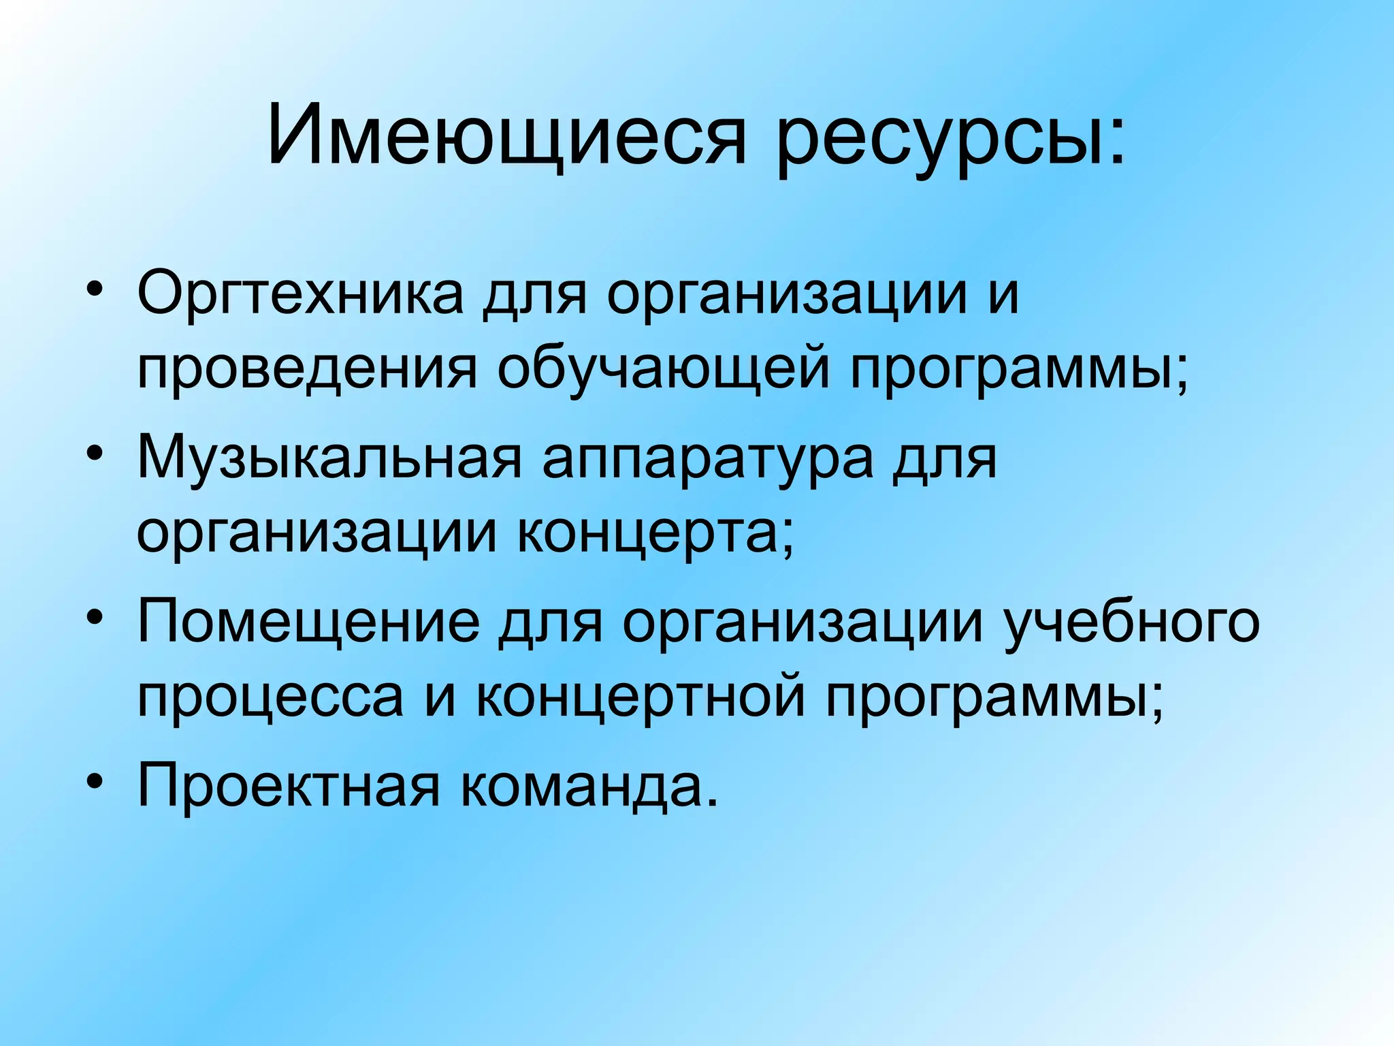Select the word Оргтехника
300,294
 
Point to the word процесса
270,699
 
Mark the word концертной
640,699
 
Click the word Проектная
289,785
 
